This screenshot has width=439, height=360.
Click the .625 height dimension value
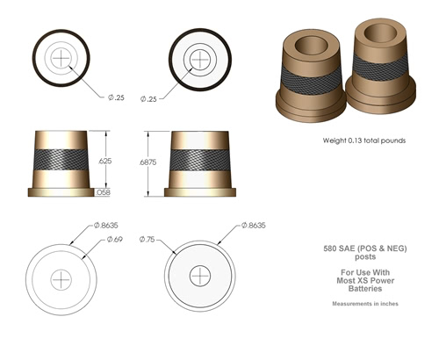(x=105, y=161)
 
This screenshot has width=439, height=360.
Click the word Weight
(x=334, y=140)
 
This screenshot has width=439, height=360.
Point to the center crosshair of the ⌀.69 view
(x=61, y=278)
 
